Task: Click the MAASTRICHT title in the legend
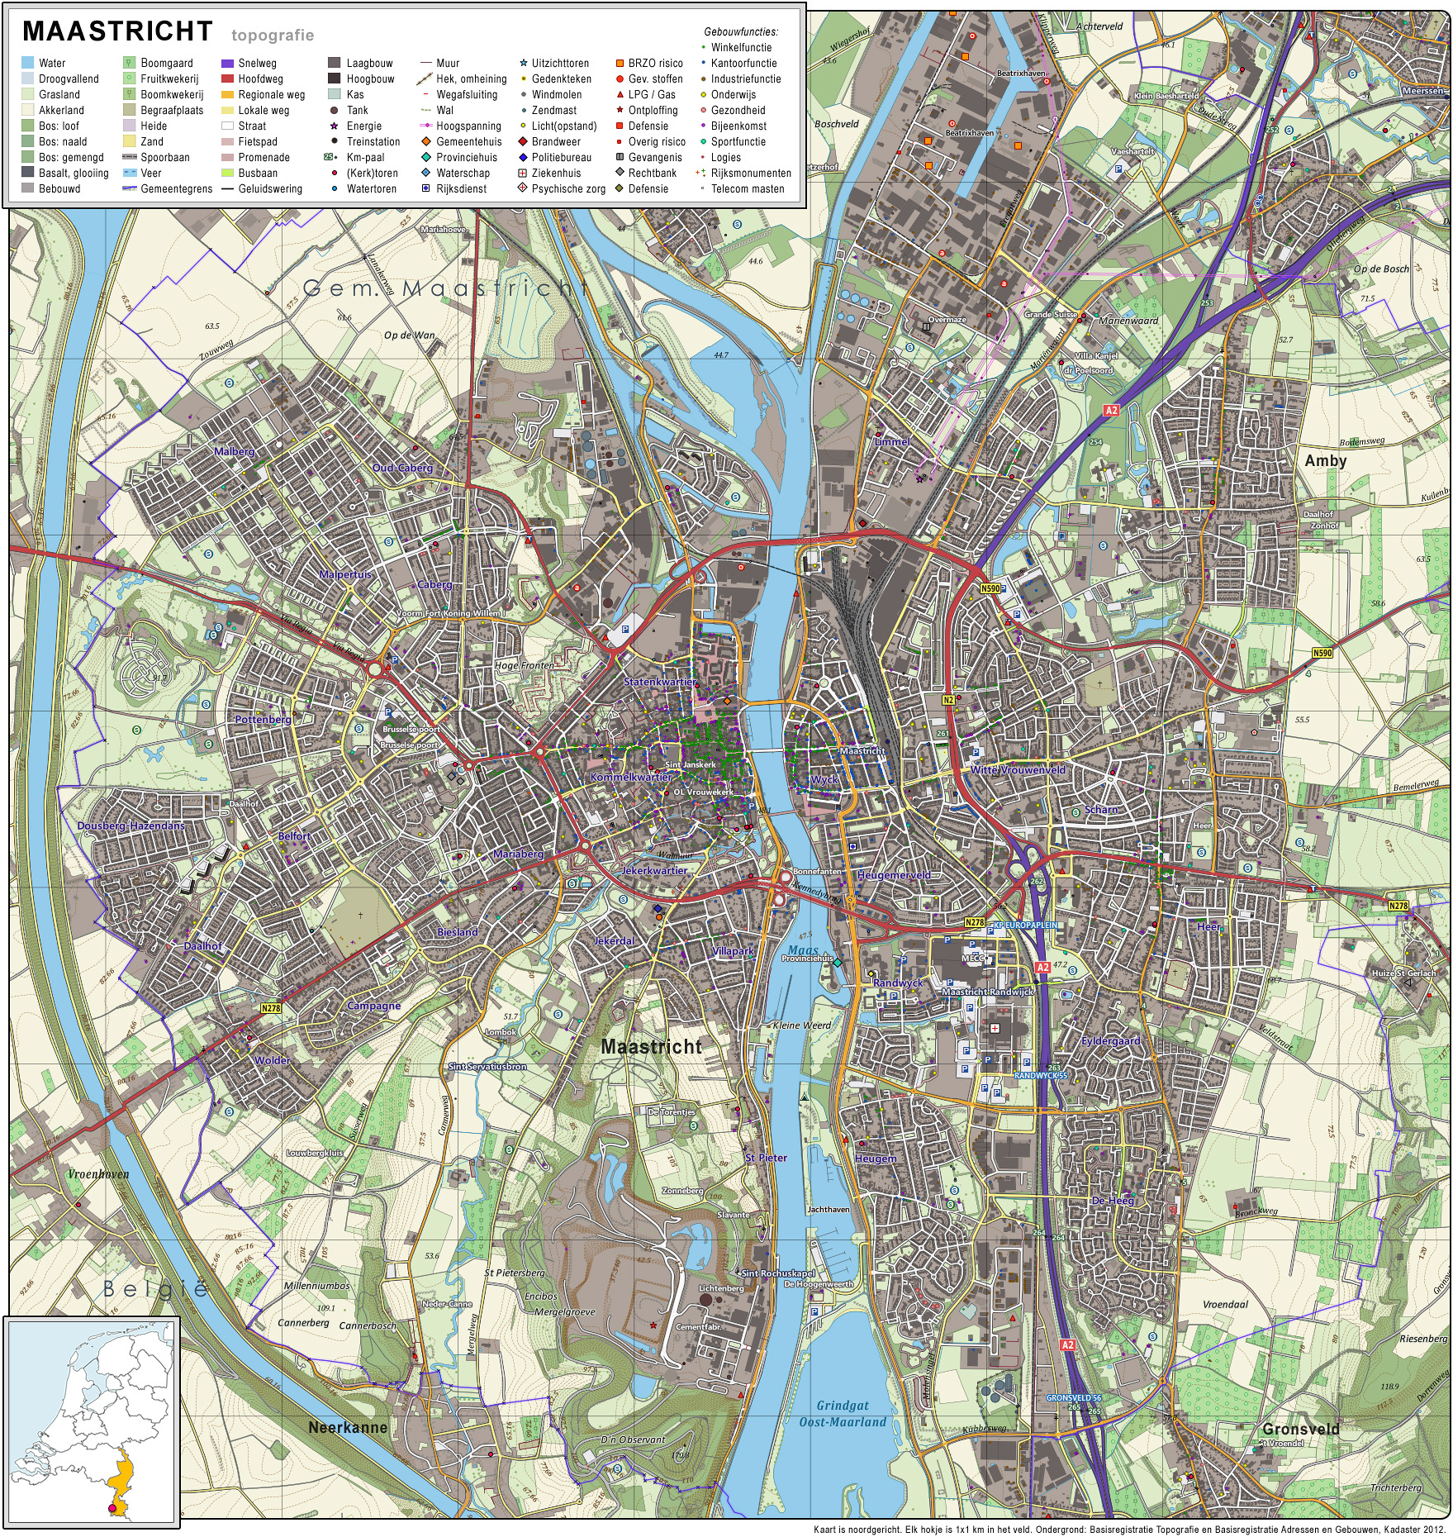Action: (x=117, y=31)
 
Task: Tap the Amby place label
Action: (x=1325, y=461)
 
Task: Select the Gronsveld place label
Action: (x=1301, y=1429)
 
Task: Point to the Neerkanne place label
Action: (x=347, y=1427)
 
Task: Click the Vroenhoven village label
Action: (x=98, y=1173)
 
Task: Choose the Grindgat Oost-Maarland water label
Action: (x=842, y=1413)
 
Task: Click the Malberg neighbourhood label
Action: (x=235, y=451)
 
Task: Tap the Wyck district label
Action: (x=824, y=779)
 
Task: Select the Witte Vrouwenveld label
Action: (x=1018, y=769)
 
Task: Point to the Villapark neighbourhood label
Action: (x=733, y=951)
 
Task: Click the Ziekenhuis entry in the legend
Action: (x=555, y=173)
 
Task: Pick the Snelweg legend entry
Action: (x=257, y=63)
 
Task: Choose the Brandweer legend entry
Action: (x=555, y=141)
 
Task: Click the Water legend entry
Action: (x=51, y=63)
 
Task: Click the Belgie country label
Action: (x=155, y=1287)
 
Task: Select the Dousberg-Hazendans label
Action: (x=131, y=826)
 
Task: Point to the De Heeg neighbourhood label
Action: (x=1113, y=1201)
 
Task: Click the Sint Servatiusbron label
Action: (x=487, y=1066)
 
